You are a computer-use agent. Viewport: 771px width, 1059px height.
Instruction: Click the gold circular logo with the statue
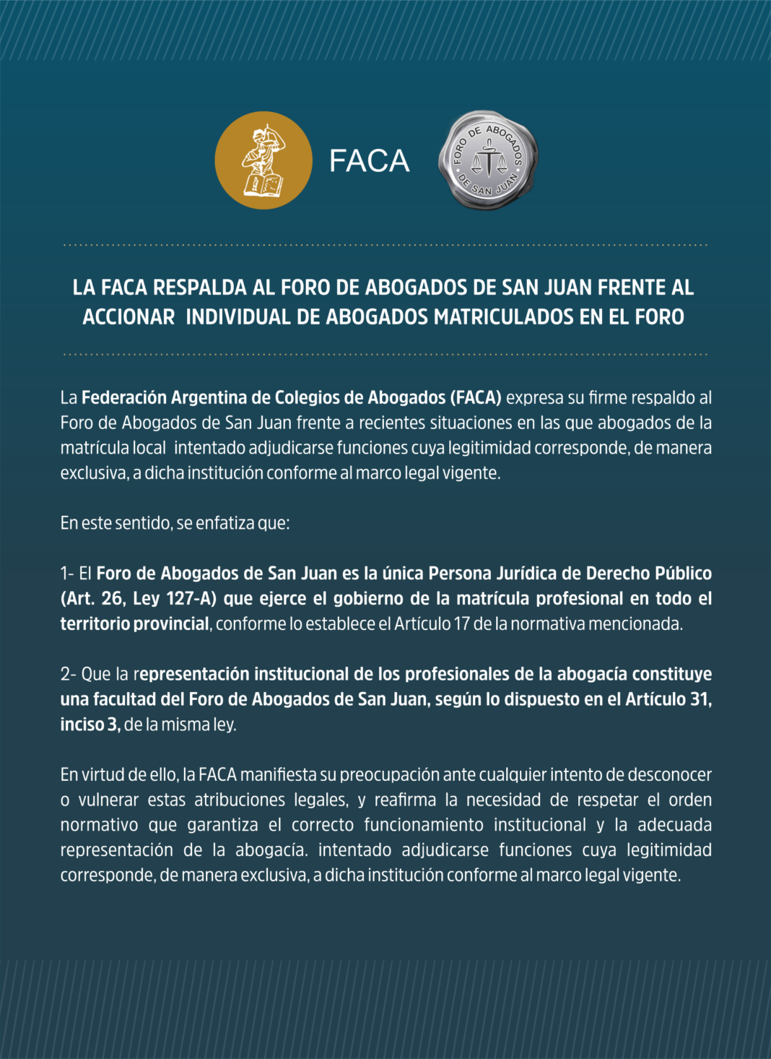click(263, 160)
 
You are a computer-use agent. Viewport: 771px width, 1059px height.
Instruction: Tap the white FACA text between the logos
click(369, 161)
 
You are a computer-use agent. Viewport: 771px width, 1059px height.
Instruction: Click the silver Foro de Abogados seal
click(488, 160)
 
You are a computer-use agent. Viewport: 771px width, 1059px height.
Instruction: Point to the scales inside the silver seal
click(489, 160)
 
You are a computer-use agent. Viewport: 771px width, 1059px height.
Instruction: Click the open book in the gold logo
click(263, 185)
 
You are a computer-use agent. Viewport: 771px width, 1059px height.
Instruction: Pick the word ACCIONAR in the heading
click(128, 317)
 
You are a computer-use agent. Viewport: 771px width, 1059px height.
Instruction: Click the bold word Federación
click(124, 397)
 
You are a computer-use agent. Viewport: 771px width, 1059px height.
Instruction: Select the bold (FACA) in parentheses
click(475, 397)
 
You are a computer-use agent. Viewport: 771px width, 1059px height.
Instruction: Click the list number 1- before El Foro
click(67, 574)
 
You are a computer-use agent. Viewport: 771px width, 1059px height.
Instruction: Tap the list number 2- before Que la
click(68, 674)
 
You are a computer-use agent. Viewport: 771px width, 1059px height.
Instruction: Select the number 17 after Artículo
click(461, 623)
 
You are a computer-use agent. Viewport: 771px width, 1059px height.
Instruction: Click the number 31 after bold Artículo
click(700, 699)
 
